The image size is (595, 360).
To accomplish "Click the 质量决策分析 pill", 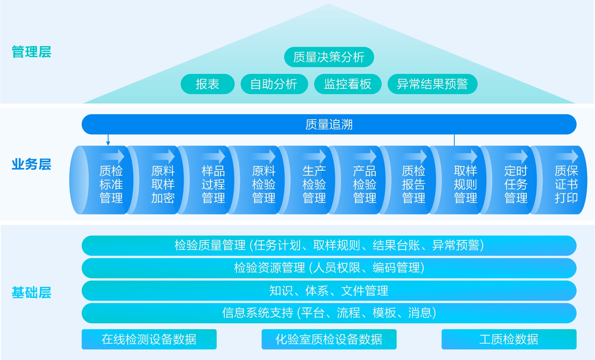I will pos(329,57).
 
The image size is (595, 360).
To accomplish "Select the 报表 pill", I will pos(207,84).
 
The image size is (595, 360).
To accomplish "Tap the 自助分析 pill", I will pos(274,84).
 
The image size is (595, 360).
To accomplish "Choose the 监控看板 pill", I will pos(347,84).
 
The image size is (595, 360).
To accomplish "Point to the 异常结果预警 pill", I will pos(432,84).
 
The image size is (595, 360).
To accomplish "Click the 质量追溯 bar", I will pos(329,125).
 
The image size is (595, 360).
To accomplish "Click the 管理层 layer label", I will pos(31,52).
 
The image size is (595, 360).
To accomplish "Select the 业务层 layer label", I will pos(31,165).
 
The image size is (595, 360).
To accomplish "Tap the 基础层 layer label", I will pos(31,293).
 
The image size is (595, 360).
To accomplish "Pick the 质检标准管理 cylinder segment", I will pos(111,184).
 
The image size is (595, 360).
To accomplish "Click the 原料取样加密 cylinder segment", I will pos(163,184).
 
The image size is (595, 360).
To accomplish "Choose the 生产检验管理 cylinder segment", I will pos(314,184).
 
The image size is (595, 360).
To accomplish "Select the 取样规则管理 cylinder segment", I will pos(465,184).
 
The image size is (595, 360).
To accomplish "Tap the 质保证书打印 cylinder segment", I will pos(566,184).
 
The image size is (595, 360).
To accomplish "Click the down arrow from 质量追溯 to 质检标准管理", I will pos(108,140).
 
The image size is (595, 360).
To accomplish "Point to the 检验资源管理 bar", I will pos(329,268).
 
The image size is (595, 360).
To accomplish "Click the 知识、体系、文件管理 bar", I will pos(329,291).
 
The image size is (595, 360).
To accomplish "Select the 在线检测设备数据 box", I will pos(149,339).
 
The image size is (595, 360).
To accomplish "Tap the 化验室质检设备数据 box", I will pos(329,339).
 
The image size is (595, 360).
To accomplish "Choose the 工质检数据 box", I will pos(509,339).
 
